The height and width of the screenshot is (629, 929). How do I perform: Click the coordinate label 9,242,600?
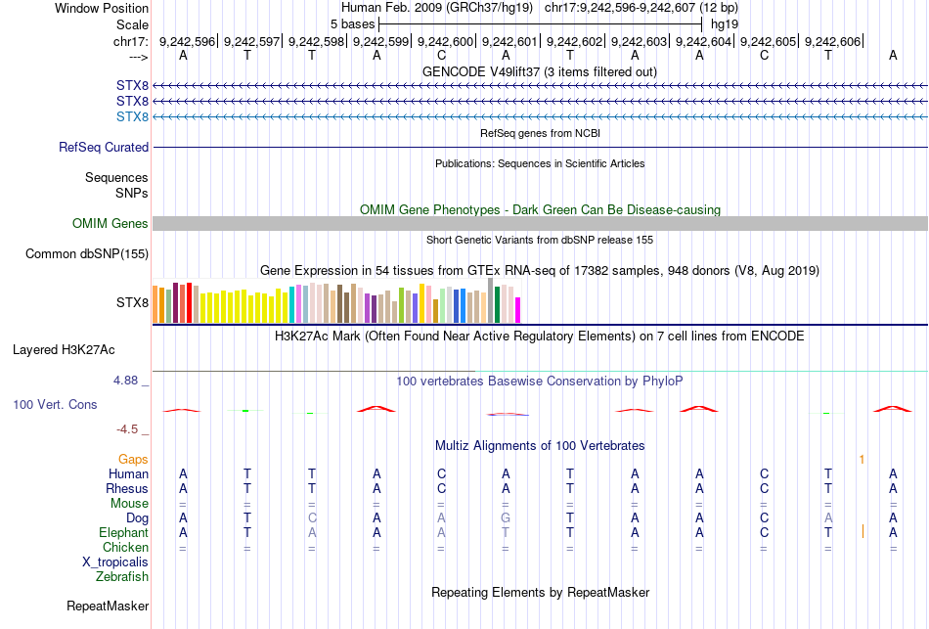coord(445,41)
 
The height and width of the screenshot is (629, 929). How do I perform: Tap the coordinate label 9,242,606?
coord(832,41)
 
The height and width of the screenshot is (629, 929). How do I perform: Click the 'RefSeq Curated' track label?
coord(104,148)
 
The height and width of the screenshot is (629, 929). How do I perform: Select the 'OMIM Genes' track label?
coord(111,224)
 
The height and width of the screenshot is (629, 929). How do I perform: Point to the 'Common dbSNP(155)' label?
coord(86,254)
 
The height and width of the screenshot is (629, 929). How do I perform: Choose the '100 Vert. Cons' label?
coord(55,404)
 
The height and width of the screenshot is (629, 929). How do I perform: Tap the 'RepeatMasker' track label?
coord(108,607)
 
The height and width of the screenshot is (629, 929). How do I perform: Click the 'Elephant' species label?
coord(123,533)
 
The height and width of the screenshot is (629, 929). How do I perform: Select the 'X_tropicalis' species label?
coord(115,562)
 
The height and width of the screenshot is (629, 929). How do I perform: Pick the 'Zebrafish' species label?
coord(122,577)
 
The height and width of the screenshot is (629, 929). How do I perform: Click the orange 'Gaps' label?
coord(133,459)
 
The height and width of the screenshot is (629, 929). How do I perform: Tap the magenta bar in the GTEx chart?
coord(517,309)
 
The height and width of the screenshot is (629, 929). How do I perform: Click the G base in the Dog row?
coord(506,517)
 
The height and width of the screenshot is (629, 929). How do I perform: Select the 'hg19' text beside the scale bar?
coord(725,23)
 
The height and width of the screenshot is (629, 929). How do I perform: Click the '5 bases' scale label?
coord(352,23)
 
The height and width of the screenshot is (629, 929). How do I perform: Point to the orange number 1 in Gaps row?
coord(862,459)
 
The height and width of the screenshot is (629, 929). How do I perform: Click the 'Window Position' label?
coord(96,8)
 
